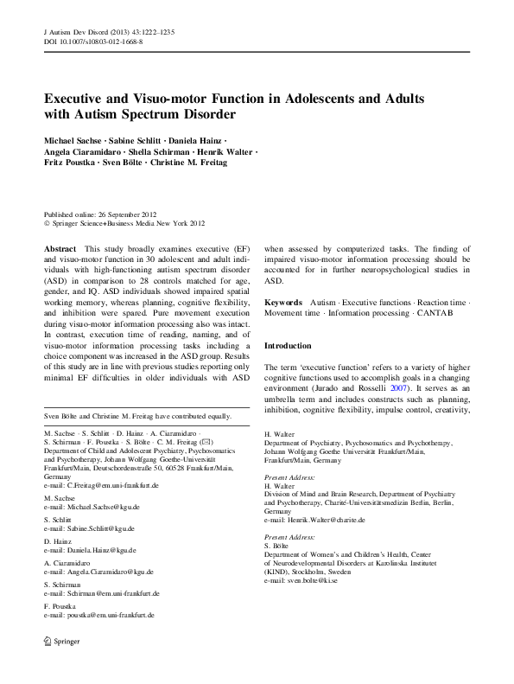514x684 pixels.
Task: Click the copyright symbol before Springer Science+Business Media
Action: pyautogui.click(x=47, y=222)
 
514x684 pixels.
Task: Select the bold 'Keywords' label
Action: pyautogui.click(x=283, y=303)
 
